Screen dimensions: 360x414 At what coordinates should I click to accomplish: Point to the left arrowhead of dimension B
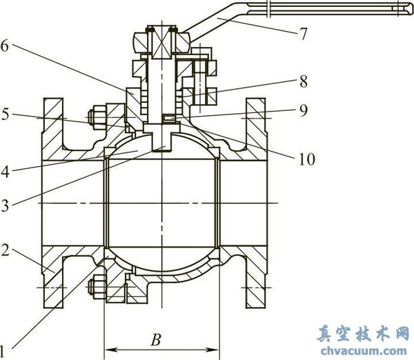coord(107,349)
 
